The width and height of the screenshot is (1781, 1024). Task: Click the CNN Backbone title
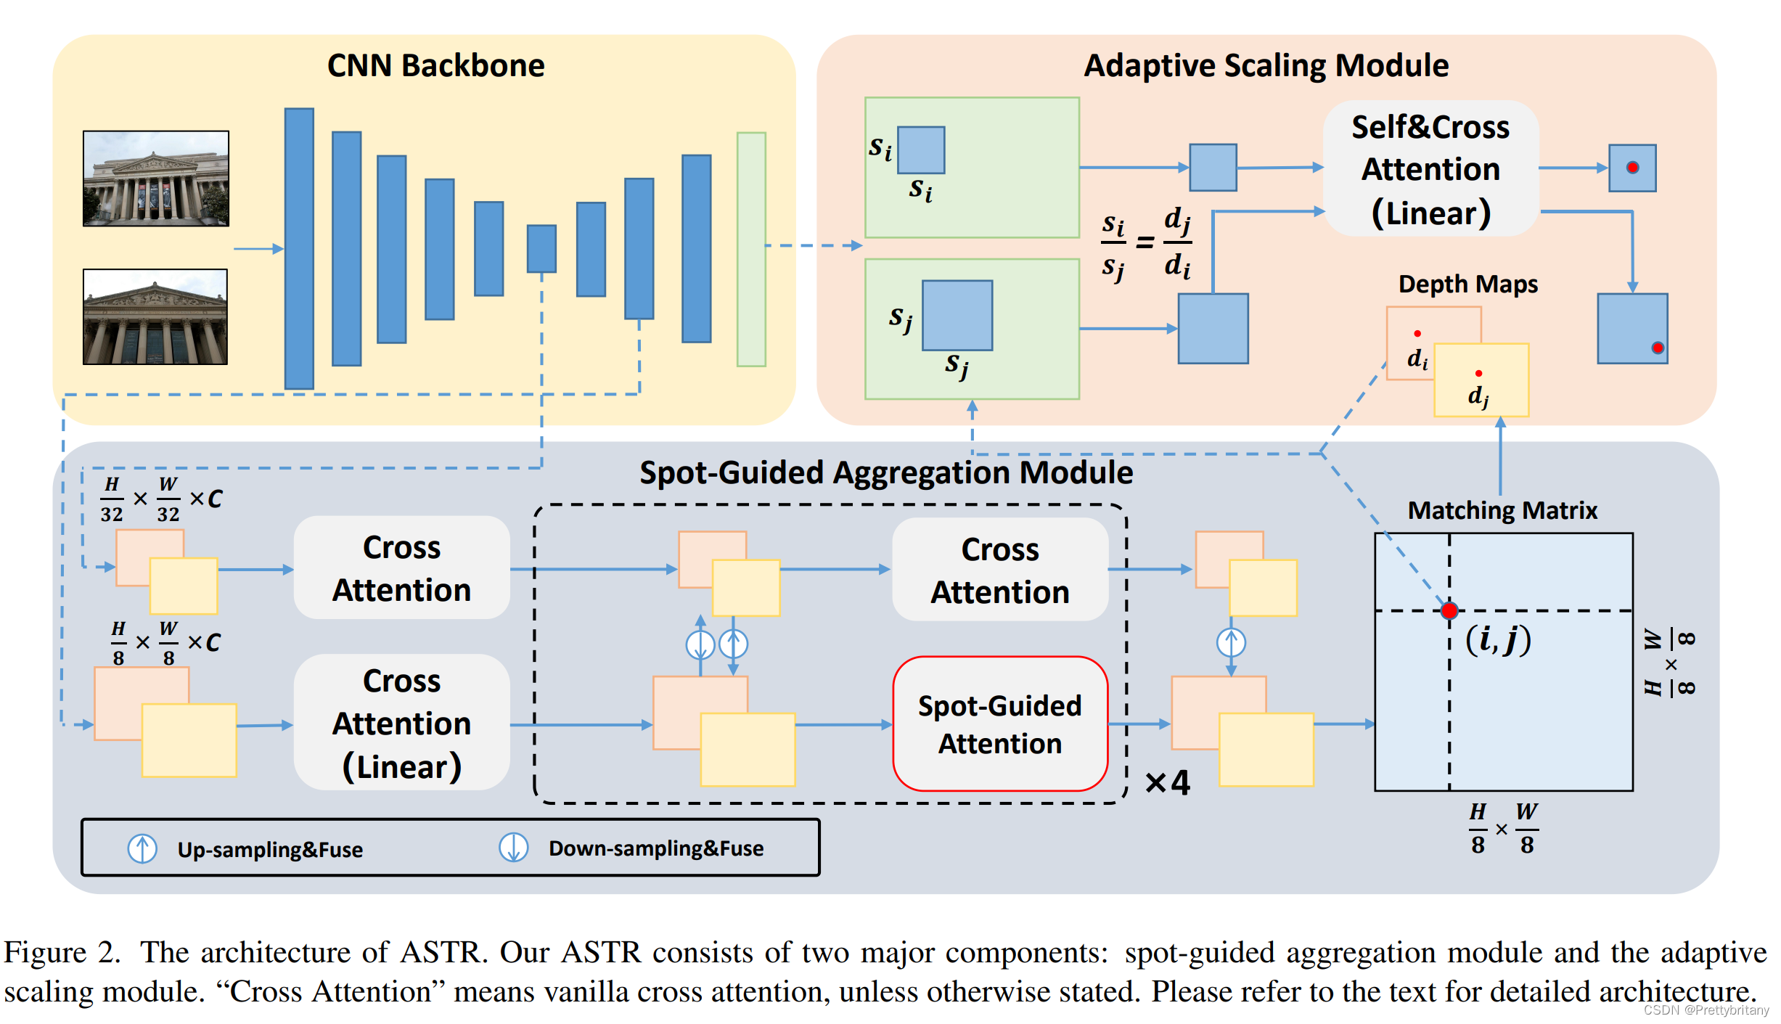pyautogui.click(x=435, y=65)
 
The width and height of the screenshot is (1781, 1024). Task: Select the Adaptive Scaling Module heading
pyautogui.click(x=1266, y=65)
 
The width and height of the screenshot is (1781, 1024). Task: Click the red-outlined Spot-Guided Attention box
pyautogui.click(x=999, y=724)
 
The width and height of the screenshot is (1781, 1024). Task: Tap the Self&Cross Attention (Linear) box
pyautogui.click(x=1430, y=169)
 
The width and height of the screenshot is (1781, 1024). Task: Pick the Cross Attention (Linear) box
pyautogui.click(x=401, y=723)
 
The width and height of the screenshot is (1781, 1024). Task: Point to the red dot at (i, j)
pyautogui.click(x=1449, y=610)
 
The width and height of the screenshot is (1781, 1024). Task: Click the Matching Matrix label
pyautogui.click(x=1502, y=510)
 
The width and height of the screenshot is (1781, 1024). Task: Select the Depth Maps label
pyautogui.click(x=1467, y=284)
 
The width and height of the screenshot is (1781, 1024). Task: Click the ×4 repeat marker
pyautogui.click(x=1167, y=782)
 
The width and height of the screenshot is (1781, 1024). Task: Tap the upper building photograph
pyautogui.click(x=156, y=179)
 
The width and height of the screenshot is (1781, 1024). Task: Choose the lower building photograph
pyautogui.click(x=155, y=316)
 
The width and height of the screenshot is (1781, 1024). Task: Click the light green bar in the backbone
pyautogui.click(x=751, y=249)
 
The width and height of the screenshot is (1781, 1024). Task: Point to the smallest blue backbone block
pyautogui.click(x=541, y=249)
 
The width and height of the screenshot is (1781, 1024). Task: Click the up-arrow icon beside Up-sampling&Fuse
pyautogui.click(x=142, y=848)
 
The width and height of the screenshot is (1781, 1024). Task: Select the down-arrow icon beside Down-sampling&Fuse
pyautogui.click(x=513, y=848)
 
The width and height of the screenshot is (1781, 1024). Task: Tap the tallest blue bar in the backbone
pyautogui.click(x=299, y=249)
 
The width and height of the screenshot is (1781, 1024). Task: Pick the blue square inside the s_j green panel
pyautogui.click(x=957, y=315)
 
